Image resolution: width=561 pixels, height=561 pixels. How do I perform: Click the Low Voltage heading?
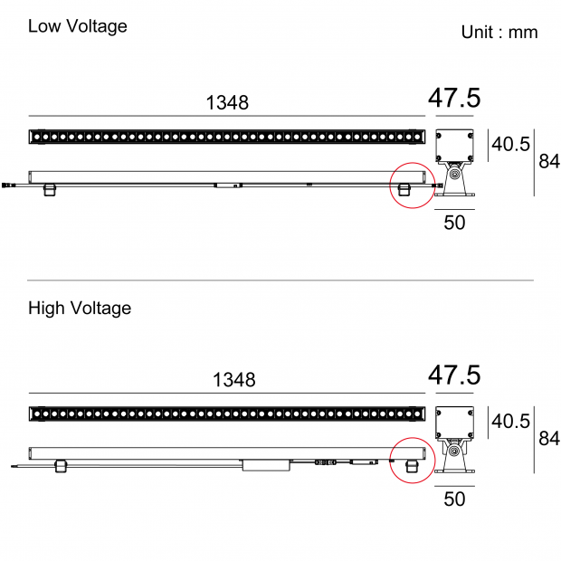coord(78,26)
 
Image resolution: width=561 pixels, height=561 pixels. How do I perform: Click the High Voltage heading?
coord(80,309)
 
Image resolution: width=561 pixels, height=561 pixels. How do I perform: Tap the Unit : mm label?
coord(499,33)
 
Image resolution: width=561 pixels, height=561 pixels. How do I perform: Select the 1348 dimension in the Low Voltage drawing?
coord(227,102)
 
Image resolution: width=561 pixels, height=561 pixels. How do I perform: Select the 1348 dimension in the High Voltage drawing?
coord(234,380)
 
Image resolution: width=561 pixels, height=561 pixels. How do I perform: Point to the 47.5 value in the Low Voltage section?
coord(454,98)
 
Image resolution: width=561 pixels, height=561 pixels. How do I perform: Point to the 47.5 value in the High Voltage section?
coord(454,375)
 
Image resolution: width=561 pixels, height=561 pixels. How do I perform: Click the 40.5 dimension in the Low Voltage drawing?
coord(510,145)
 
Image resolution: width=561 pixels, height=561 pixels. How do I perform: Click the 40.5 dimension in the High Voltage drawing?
coord(510,422)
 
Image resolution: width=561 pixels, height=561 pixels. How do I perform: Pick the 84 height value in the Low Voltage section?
coord(549,161)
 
